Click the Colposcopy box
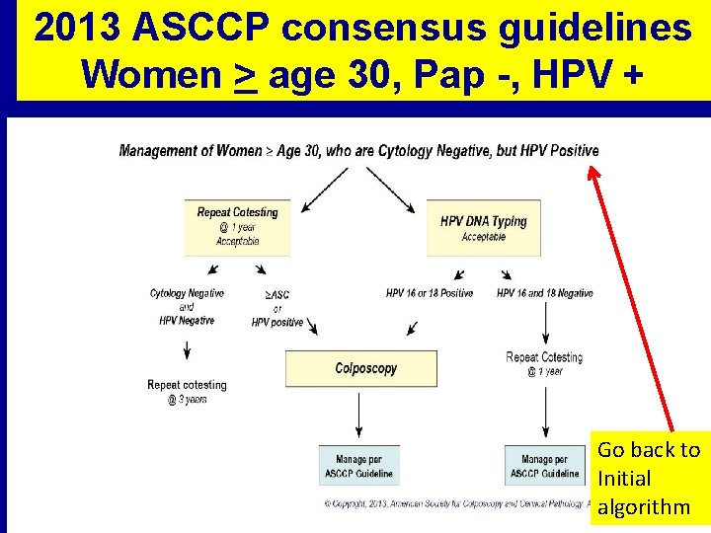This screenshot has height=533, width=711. pyautogui.click(x=360, y=368)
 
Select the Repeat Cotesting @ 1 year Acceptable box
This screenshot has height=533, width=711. pyautogui.click(x=237, y=226)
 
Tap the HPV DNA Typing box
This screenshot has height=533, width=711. pyautogui.click(x=483, y=228)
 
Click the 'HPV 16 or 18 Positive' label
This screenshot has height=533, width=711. pyautogui.click(x=429, y=293)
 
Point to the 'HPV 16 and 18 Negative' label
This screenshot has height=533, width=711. pyautogui.click(x=544, y=293)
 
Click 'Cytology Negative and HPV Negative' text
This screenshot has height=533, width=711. pyautogui.click(x=187, y=306)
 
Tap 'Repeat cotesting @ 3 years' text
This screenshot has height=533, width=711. pyautogui.click(x=187, y=392)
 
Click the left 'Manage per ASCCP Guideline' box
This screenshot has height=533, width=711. pyautogui.click(x=358, y=466)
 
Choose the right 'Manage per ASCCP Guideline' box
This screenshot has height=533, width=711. pyautogui.click(x=544, y=466)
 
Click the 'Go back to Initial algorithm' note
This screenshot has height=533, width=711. pyautogui.click(x=649, y=479)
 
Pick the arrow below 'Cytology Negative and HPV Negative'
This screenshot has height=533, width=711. pyautogui.click(x=187, y=351)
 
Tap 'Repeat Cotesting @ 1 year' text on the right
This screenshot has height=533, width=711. pyautogui.click(x=544, y=363)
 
